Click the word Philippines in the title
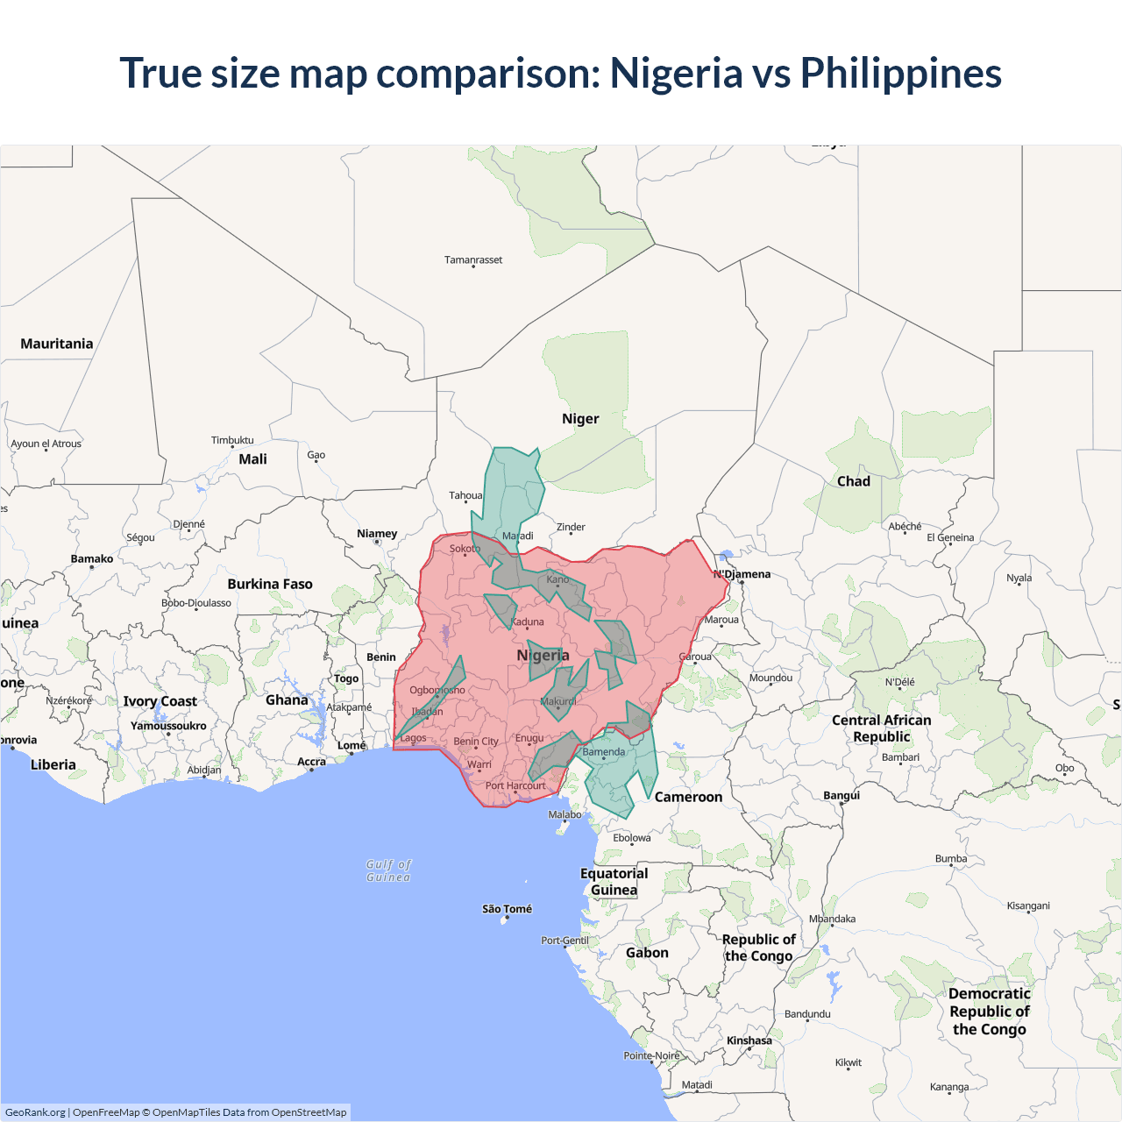pos(900,74)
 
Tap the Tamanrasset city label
pos(473,259)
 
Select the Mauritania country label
pos(57,344)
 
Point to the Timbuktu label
pos(232,440)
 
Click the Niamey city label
pos(377,533)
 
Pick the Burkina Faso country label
pos(270,584)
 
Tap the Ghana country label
pos(287,699)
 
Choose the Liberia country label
pos(53,764)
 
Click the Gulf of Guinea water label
pos(388,870)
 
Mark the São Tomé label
pos(507,909)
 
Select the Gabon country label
pos(647,953)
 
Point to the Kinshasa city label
pos(749,1040)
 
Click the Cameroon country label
pos(688,797)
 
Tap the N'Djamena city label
pos(742,574)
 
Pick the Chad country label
pos(854,481)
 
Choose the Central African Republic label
pos(882,728)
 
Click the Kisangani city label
pos(1028,905)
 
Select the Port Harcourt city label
pos(515,785)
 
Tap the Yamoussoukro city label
pos(168,726)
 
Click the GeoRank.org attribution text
pos(35,1112)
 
